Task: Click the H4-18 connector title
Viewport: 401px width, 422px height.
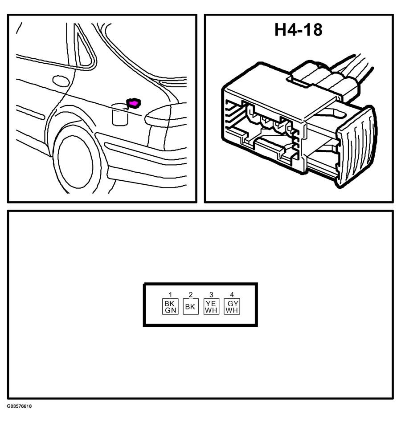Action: pyautogui.click(x=298, y=30)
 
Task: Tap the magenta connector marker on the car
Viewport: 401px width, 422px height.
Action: pyautogui.click(x=133, y=103)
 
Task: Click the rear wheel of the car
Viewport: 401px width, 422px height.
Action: pyautogui.click(x=76, y=160)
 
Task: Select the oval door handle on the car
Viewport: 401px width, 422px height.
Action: pyautogui.click(x=61, y=81)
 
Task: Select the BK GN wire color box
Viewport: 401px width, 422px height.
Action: pyautogui.click(x=170, y=307)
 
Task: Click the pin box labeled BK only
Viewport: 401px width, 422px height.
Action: pyautogui.click(x=190, y=307)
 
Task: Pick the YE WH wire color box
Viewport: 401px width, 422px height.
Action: pyautogui.click(x=211, y=307)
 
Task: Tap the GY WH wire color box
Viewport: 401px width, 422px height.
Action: pyautogui.click(x=232, y=307)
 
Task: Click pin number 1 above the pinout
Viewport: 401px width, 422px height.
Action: pyautogui.click(x=170, y=295)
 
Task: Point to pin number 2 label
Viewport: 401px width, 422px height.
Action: pyautogui.click(x=190, y=295)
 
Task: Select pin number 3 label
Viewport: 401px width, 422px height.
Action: pyautogui.click(x=211, y=295)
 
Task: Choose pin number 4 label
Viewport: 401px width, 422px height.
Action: pyautogui.click(x=232, y=295)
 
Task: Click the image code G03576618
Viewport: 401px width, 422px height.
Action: pyautogui.click(x=19, y=406)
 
